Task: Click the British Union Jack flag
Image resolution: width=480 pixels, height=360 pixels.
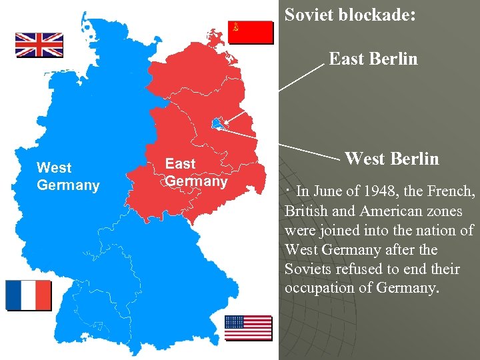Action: pos(39,45)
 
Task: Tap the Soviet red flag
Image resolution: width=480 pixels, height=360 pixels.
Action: pos(251,32)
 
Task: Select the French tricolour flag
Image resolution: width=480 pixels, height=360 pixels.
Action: pos(28,295)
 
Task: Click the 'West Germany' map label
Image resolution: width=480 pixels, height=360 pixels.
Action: pos(68,177)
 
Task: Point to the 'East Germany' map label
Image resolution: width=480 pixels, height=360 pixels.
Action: pos(196,172)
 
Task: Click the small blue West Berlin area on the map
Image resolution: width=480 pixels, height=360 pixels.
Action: pos(217,123)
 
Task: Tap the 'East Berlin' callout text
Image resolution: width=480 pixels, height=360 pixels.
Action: pos(373,59)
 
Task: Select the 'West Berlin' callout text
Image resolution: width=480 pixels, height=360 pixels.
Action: pos(392,159)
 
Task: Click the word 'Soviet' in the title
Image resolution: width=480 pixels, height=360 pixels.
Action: pos(309,15)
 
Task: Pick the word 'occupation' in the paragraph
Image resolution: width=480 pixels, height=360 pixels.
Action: pos(319,289)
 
